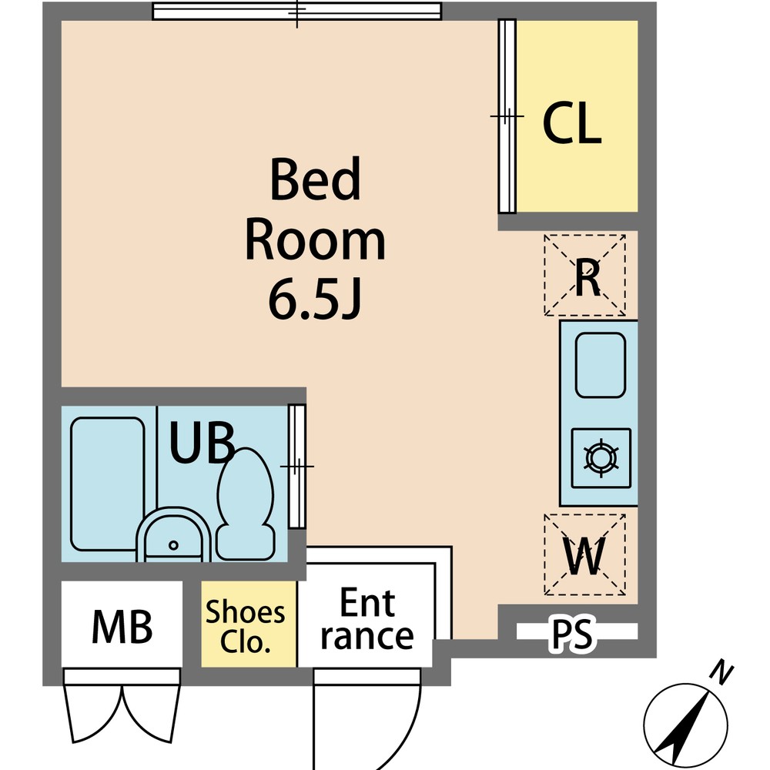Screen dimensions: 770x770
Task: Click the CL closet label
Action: pos(572,122)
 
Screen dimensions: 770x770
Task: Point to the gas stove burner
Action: pos(601,458)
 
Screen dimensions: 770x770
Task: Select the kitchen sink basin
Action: pos(600,365)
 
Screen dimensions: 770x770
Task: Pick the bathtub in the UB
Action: pos(108,484)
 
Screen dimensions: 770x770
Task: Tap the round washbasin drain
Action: pos(173,545)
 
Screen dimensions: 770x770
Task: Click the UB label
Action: pos(202,444)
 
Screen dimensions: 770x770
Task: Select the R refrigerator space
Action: pos(584,275)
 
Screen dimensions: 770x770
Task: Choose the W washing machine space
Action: pos(584,554)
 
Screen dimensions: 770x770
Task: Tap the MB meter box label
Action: pos(122,627)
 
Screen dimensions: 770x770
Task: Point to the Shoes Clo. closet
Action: pos(249,624)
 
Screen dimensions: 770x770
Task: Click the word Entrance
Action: pos(367,619)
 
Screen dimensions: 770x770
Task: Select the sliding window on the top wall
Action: pos(297,11)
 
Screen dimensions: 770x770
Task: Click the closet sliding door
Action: pos(507,116)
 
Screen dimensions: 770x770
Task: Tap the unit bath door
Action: pos(297,466)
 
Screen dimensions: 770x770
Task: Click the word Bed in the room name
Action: pos(315,179)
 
